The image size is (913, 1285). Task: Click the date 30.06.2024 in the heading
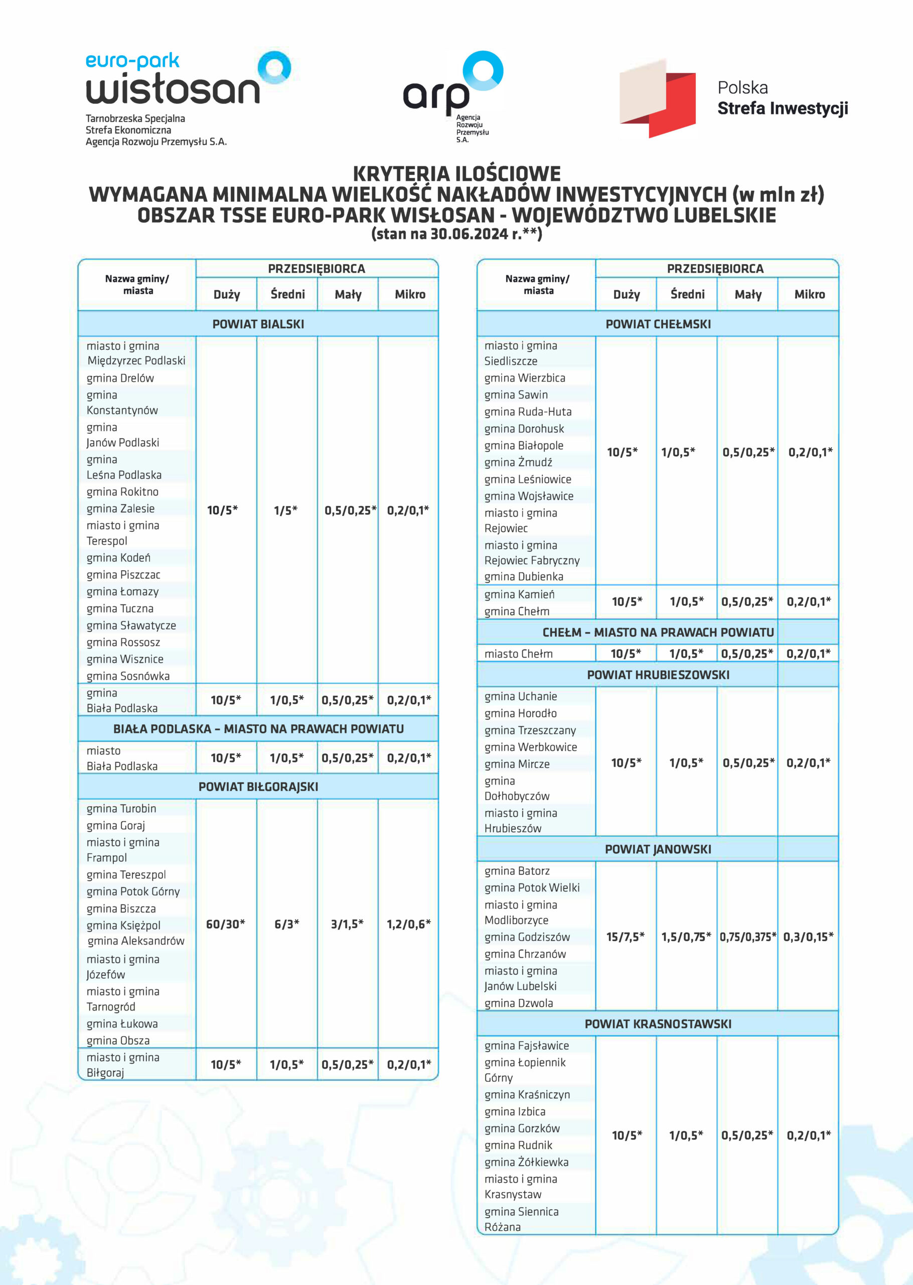click(x=469, y=234)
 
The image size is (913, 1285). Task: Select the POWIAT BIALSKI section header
click(x=258, y=324)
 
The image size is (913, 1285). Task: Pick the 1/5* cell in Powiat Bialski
click(x=285, y=510)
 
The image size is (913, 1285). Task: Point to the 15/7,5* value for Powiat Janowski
click(x=625, y=936)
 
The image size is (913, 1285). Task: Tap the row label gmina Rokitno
click(x=122, y=491)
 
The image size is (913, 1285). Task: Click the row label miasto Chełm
click(x=518, y=654)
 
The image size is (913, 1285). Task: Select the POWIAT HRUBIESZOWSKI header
click(x=658, y=674)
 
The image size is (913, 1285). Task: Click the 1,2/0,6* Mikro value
click(x=409, y=924)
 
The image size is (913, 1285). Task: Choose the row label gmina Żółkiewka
click(x=526, y=1162)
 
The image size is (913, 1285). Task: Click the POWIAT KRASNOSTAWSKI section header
click(x=658, y=1023)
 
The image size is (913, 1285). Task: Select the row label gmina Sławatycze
click(x=131, y=625)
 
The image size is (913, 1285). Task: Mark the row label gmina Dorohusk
click(x=524, y=429)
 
